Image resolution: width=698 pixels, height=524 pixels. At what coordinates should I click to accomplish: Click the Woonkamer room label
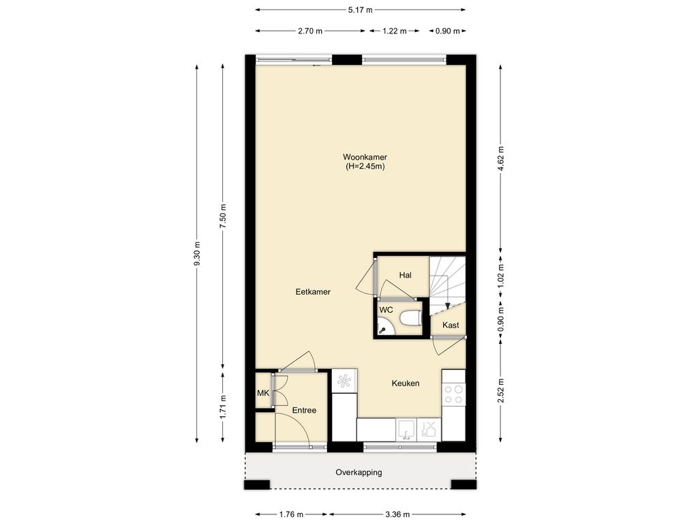point(365,157)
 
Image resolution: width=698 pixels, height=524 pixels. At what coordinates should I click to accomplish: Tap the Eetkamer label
point(313,292)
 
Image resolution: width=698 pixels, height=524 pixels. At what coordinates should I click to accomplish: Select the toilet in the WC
point(410,319)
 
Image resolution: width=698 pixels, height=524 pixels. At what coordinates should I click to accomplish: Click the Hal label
point(405,276)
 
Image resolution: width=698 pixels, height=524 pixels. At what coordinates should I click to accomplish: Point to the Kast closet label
point(451,325)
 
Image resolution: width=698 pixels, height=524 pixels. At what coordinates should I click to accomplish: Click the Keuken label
point(406,383)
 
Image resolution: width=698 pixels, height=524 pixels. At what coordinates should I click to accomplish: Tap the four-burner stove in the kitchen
point(453,394)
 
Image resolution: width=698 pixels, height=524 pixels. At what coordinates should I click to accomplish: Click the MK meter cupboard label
point(263,394)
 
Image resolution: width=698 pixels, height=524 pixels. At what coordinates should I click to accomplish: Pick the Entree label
point(304,410)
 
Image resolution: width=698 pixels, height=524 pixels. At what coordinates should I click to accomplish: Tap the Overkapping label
point(359,472)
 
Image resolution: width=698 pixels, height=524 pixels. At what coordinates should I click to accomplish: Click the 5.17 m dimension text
point(360,10)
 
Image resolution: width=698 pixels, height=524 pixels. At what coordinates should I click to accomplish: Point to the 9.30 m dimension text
point(197,254)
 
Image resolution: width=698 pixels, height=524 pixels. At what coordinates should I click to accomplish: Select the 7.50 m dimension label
point(224,216)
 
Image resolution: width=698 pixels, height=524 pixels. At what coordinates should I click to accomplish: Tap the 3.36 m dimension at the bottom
point(397,514)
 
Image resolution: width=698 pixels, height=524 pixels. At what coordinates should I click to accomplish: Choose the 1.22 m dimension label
point(395,31)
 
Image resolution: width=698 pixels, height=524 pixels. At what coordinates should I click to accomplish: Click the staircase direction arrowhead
point(447,306)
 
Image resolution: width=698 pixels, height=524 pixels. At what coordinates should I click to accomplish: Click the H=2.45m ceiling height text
point(365,166)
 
